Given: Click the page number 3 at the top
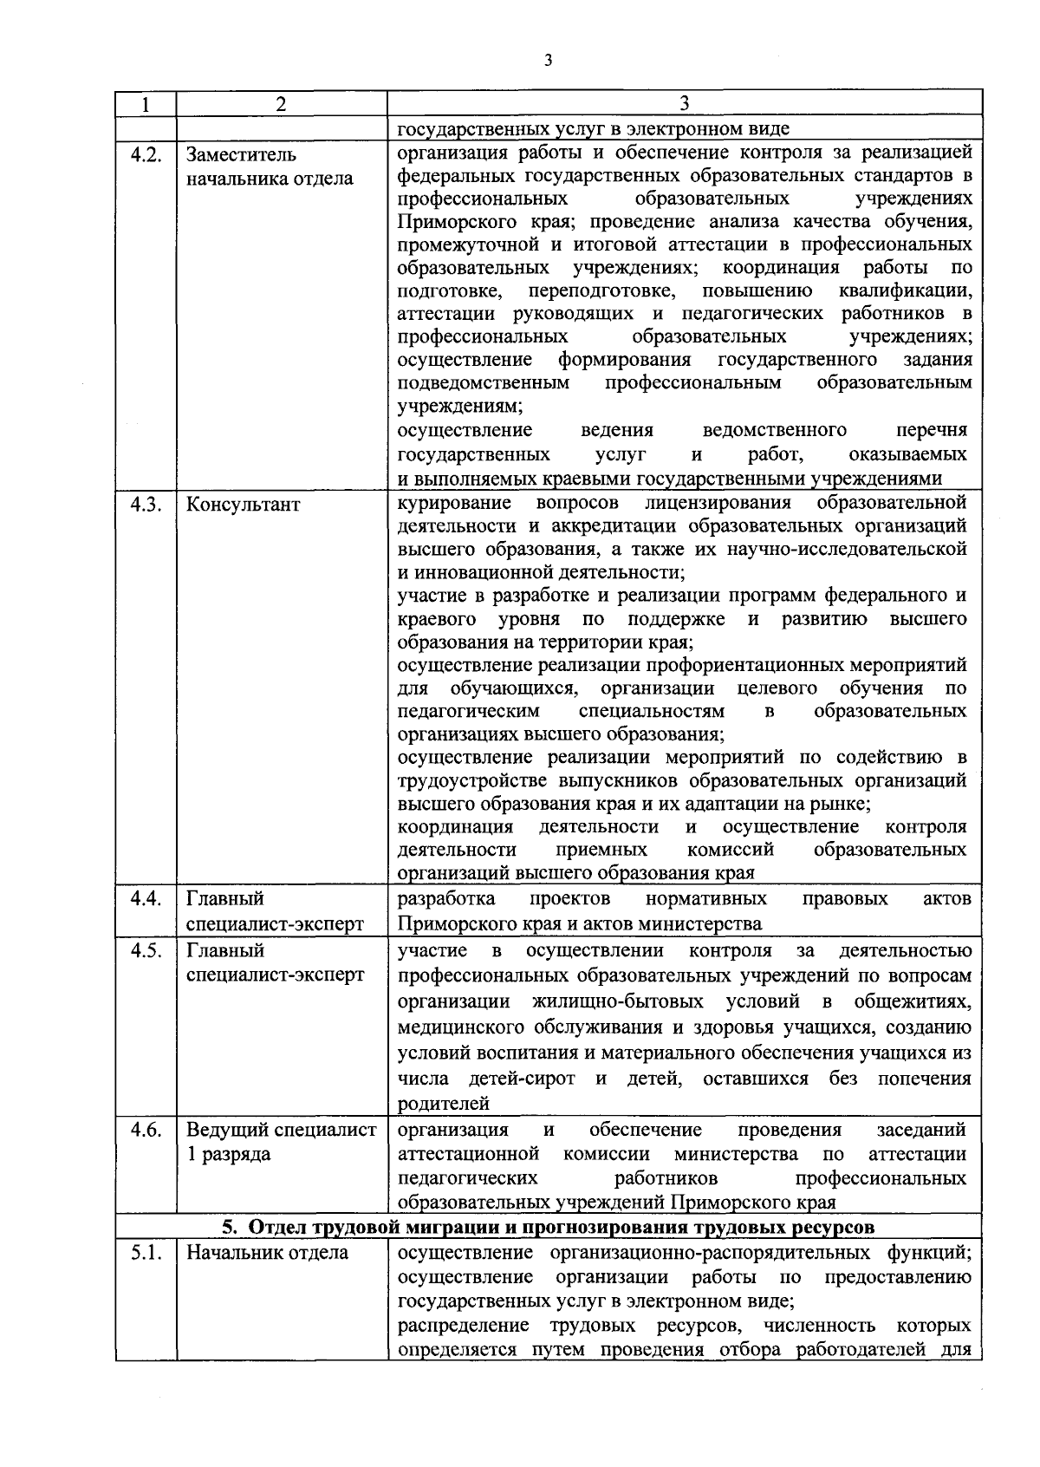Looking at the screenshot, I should (x=547, y=60).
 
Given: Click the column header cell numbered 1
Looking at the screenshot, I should (x=146, y=104).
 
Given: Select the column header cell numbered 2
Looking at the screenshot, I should (x=281, y=104).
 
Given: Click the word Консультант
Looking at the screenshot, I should (x=244, y=505).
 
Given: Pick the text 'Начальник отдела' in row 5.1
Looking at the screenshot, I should (x=267, y=1253).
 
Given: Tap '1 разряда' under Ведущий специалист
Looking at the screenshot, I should (x=228, y=1155).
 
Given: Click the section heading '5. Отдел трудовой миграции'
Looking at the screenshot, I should (x=549, y=1227).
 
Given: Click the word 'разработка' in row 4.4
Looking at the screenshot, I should (x=446, y=898).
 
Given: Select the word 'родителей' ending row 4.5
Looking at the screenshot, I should (x=443, y=1105).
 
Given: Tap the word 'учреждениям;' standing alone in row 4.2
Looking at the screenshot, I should (x=459, y=406).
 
